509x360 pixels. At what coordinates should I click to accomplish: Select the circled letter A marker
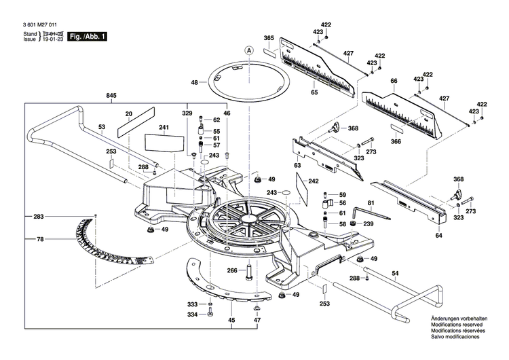pyautogui.click(x=249, y=50)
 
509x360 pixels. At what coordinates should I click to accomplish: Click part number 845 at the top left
pyautogui.click(x=111, y=96)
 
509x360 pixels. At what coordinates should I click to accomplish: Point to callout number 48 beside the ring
pyautogui.click(x=195, y=82)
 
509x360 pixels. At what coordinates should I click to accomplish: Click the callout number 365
pyautogui.click(x=268, y=38)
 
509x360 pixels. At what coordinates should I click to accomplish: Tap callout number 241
pyautogui.click(x=164, y=128)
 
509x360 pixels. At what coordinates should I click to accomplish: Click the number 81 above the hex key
pyautogui.click(x=371, y=203)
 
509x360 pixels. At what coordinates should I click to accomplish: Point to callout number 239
pyautogui.click(x=368, y=224)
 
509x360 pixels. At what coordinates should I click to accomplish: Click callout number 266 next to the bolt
pyautogui.click(x=231, y=270)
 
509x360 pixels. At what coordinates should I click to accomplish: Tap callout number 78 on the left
pyautogui.click(x=39, y=239)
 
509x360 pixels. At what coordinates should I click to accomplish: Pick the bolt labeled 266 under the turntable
pyautogui.click(x=249, y=272)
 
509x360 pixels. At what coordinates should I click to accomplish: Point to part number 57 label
pyautogui.click(x=216, y=145)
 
